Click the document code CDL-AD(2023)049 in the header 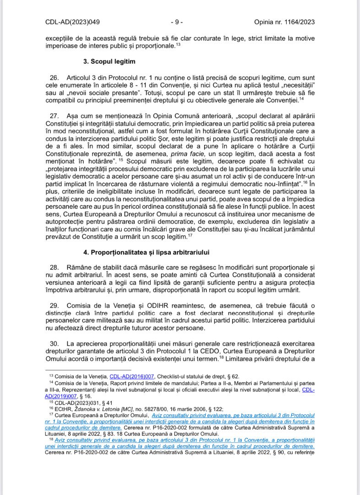pos(72,22)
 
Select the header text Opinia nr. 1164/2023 pos(284,22)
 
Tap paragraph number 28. pos(54,267)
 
